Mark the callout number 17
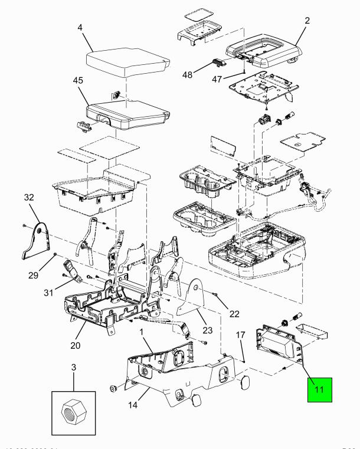pos(240,335)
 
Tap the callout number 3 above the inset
pos(73,367)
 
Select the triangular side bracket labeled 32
pos(39,242)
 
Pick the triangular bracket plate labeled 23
pos(191,301)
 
